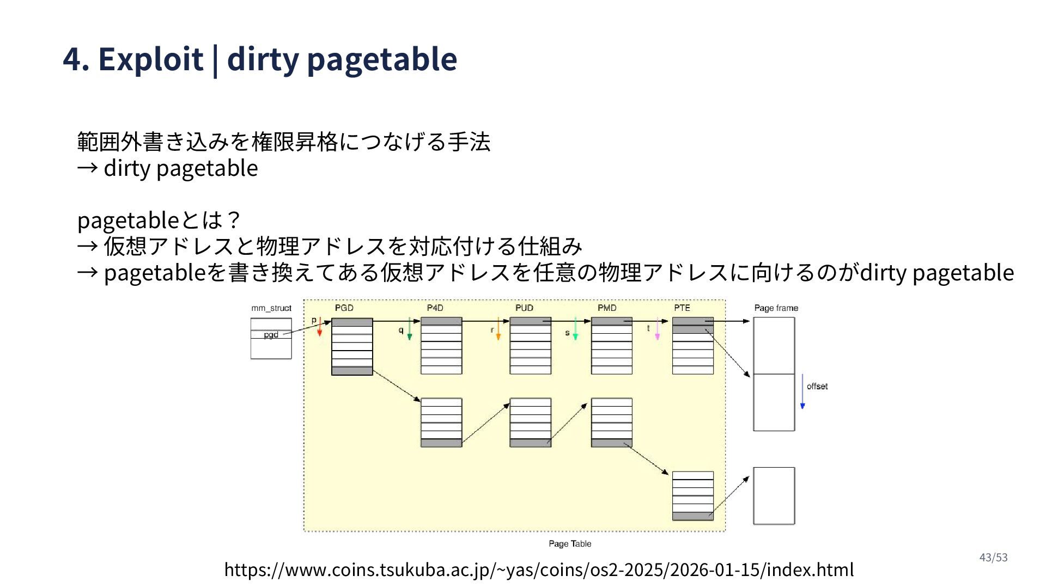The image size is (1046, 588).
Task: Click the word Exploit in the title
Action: point(150,59)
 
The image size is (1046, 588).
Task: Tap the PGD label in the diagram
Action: point(344,308)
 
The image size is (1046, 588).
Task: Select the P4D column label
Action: point(435,308)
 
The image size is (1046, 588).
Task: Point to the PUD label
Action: point(524,308)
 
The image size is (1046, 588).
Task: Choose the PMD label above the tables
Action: point(607,308)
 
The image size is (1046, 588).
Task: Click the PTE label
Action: point(682,308)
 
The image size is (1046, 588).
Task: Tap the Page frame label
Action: point(776,308)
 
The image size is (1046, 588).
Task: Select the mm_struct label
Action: point(271,308)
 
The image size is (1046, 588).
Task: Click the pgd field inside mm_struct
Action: point(271,335)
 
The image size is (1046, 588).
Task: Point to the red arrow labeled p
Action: point(320,327)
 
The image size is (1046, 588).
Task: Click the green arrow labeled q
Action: point(410,330)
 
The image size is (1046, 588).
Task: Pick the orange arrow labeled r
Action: point(498,330)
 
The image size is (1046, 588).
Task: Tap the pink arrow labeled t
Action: point(657,330)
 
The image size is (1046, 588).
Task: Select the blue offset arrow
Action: point(802,392)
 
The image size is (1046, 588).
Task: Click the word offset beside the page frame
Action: point(817,387)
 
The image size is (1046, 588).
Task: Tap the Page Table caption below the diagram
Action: point(570,544)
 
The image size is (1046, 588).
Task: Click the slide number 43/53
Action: point(993,558)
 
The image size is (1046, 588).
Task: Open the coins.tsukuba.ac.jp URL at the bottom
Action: point(539,569)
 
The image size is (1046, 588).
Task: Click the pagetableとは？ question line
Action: point(159,220)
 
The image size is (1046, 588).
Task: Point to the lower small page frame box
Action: point(774,496)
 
